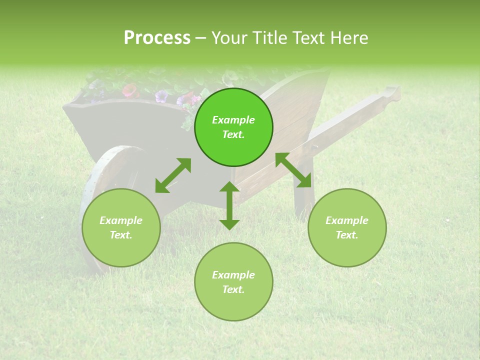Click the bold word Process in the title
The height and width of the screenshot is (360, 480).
coord(157,38)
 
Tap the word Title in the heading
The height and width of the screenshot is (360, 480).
coord(268,38)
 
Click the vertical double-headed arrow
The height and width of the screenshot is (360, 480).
coord(229,205)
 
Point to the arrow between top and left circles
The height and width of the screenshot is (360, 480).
coord(173,175)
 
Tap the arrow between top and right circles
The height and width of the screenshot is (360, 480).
coord(293,170)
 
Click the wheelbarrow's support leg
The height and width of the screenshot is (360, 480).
coord(303,195)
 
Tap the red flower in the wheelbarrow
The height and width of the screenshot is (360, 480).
coord(130,90)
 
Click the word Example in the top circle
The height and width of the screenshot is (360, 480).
coord(233,120)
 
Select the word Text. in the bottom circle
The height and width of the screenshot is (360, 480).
coord(233,289)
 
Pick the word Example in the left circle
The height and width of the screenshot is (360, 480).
coord(121,220)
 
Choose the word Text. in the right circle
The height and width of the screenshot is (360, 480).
coord(347,235)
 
